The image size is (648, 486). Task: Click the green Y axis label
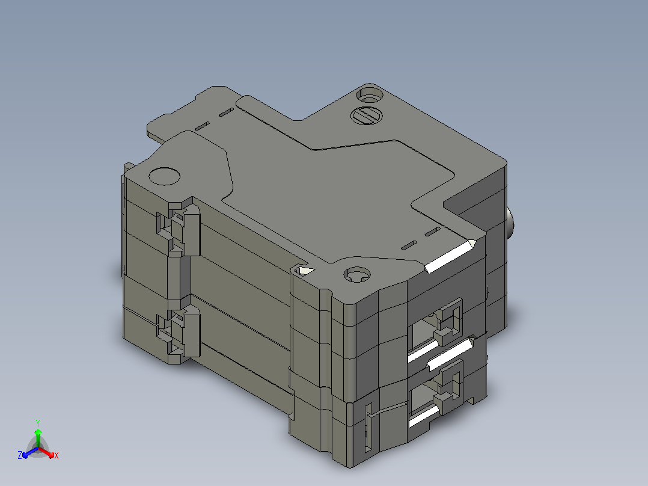[38, 423]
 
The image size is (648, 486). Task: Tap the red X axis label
[57, 455]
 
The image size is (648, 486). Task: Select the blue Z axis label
[20, 455]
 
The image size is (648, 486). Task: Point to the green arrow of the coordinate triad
[38, 437]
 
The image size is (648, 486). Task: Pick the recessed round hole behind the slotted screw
[370, 94]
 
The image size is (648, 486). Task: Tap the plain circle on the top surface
[164, 176]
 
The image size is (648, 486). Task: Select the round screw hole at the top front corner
[356, 275]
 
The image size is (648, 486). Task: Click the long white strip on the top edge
[450, 256]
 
